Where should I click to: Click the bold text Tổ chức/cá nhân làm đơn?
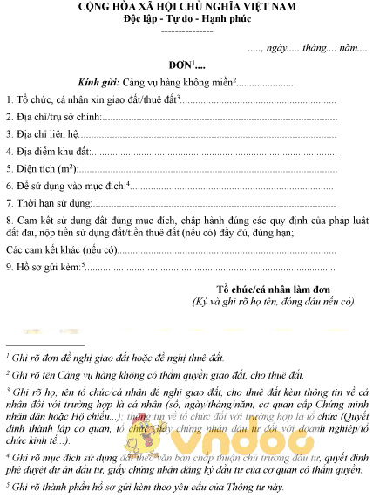pyautogui.click(x=274, y=289)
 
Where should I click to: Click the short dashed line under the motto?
pyautogui.click(x=186, y=31)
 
